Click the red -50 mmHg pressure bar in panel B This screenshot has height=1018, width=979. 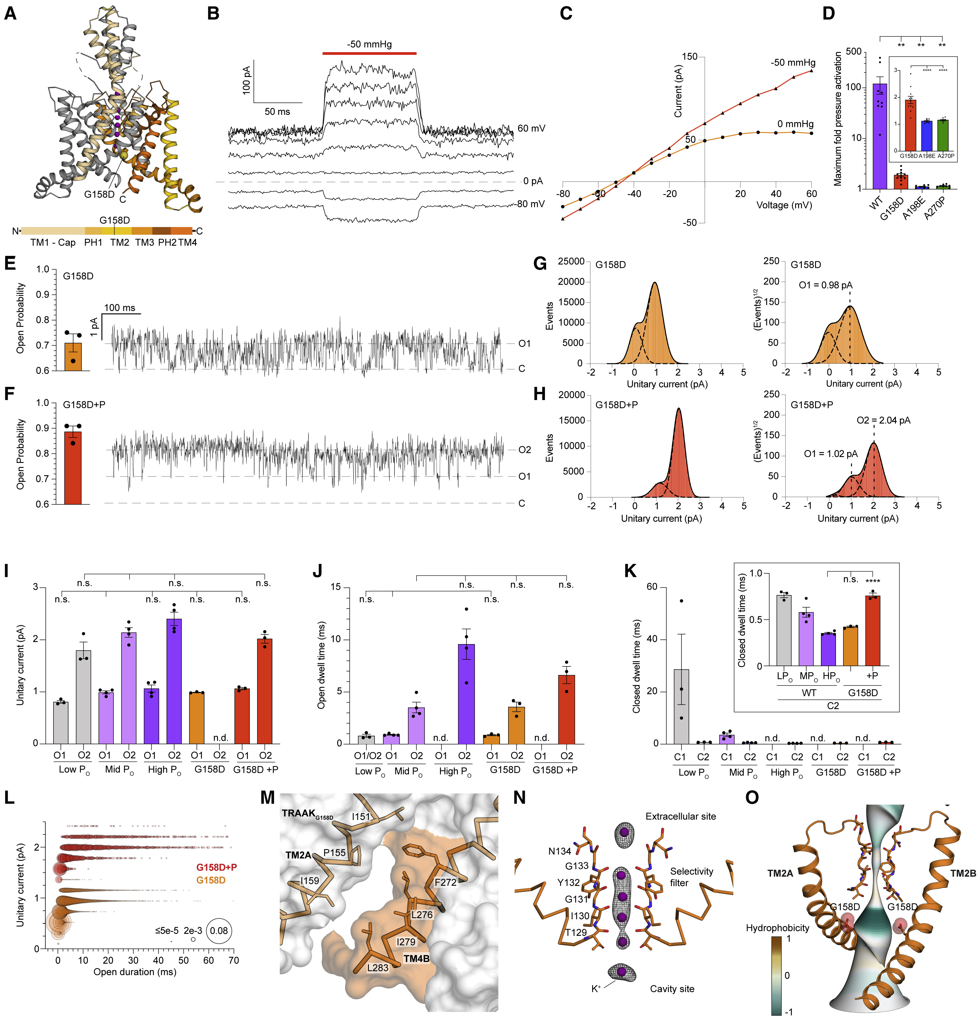coord(369,53)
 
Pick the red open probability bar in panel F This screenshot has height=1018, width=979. coord(73,468)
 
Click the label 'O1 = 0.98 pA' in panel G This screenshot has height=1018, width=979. coord(825,285)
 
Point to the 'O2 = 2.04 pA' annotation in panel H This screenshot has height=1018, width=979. coord(883,420)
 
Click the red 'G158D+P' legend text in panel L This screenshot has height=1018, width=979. coord(216,867)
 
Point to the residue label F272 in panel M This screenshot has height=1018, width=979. coord(445,882)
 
